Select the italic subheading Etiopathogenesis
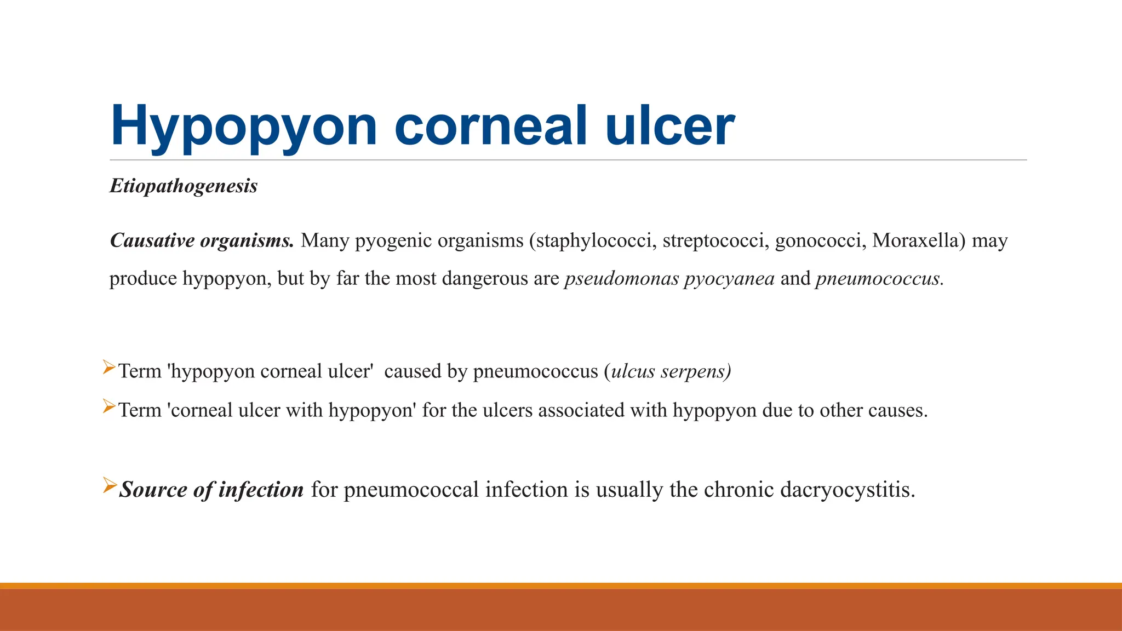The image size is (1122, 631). click(184, 186)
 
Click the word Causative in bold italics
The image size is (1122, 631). click(152, 240)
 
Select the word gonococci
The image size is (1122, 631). click(820, 240)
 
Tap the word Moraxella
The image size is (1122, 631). click(918, 240)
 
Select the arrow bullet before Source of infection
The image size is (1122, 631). click(110, 485)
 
